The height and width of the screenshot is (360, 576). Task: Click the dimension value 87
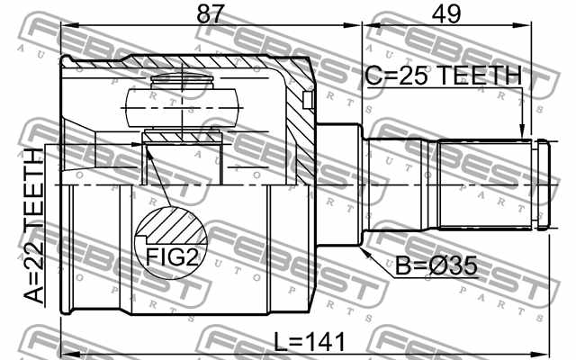[210, 14]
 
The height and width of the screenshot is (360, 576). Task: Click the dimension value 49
[446, 14]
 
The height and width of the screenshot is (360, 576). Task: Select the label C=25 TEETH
[444, 76]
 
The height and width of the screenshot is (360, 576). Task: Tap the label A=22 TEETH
[33, 225]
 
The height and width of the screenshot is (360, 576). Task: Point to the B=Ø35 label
[436, 265]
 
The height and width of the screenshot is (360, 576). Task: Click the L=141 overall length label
[310, 342]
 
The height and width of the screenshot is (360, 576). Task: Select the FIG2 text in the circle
[172, 256]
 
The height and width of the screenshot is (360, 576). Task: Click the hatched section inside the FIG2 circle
[173, 225]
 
